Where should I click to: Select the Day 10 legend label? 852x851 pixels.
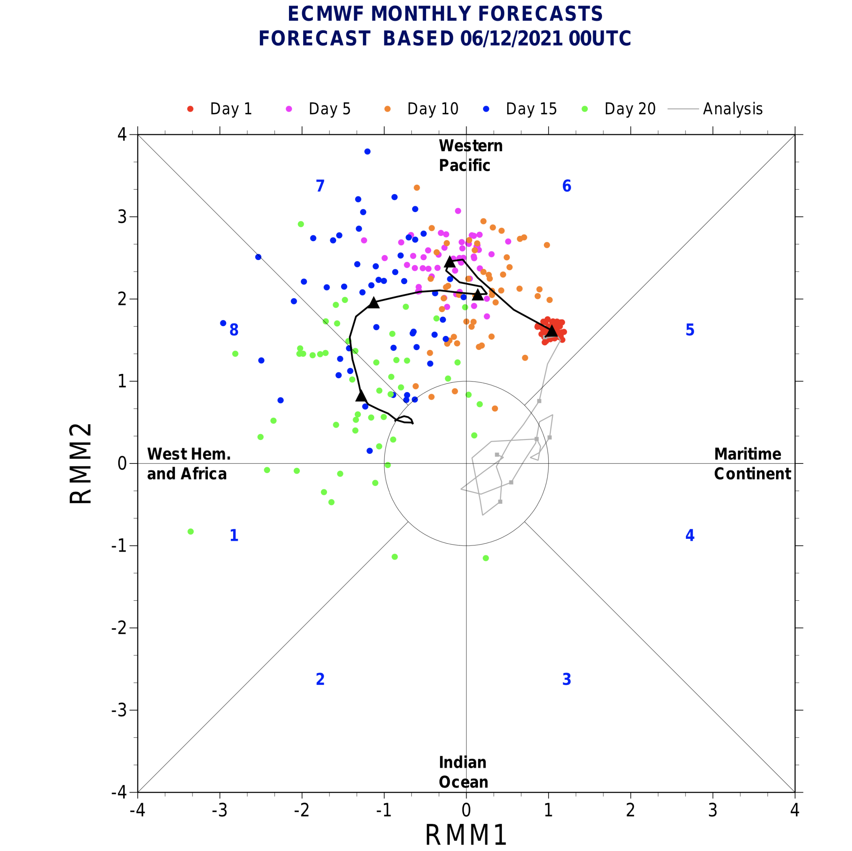click(433, 109)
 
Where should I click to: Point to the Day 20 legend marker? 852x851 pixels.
click(585, 109)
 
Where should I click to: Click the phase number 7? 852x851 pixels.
click(320, 186)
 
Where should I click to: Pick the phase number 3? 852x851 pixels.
click(567, 679)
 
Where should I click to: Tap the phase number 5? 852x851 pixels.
click(690, 330)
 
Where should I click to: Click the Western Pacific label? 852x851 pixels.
click(470, 156)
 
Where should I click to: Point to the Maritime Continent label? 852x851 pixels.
click(752, 464)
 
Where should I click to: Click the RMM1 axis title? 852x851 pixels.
click(466, 835)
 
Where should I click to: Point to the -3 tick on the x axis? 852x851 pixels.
click(220, 811)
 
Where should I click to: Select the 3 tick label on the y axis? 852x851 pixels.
click(122, 217)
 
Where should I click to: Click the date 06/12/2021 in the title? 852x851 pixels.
click(512, 39)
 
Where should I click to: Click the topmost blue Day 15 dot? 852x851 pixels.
click(367, 152)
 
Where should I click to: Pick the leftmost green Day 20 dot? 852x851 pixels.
click(191, 532)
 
